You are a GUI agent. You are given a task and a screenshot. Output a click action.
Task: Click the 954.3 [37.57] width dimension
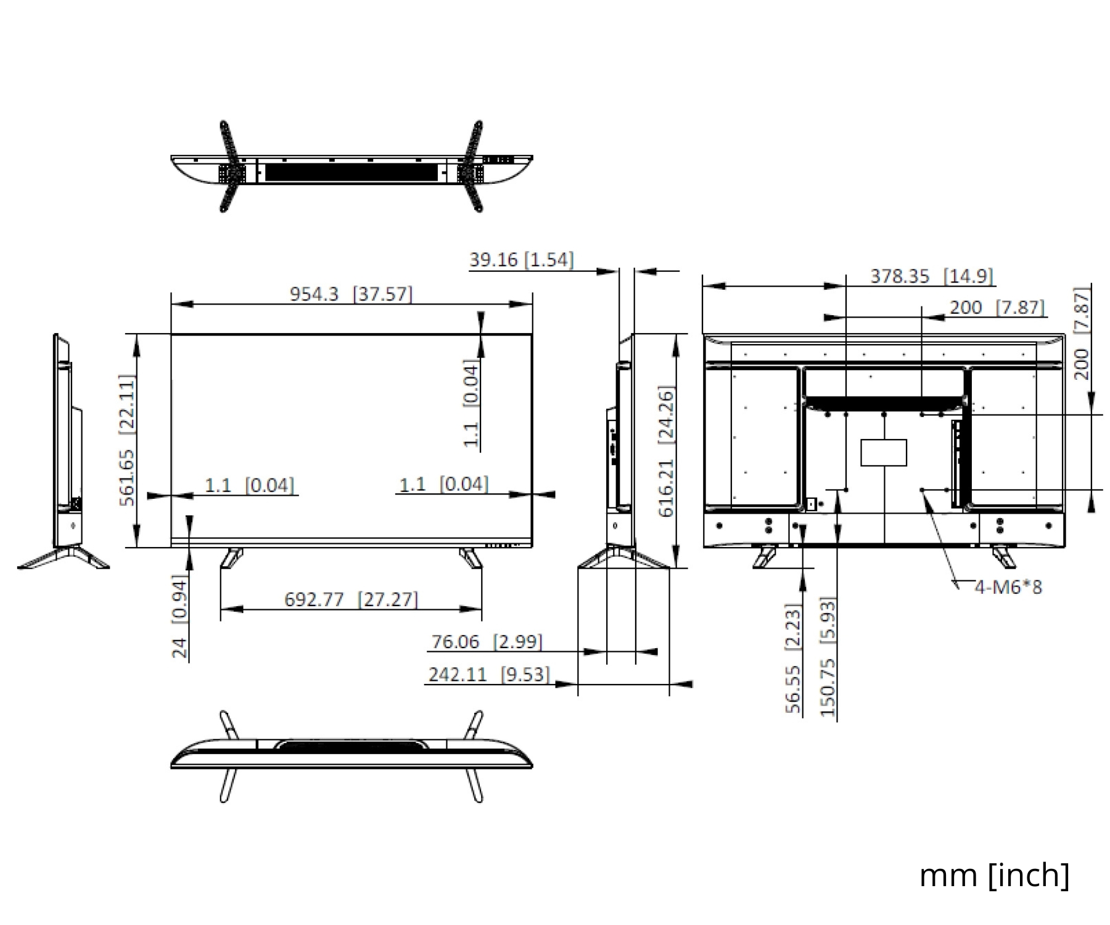pyautogui.click(x=351, y=294)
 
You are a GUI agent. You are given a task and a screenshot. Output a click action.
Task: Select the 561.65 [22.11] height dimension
pyautogui.click(x=126, y=440)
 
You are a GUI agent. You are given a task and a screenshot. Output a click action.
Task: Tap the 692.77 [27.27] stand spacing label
pyautogui.click(x=351, y=599)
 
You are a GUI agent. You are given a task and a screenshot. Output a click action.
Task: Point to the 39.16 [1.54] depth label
pyautogui.click(x=521, y=259)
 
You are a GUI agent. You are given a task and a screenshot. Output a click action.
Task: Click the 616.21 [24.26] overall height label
pyautogui.click(x=667, y=451)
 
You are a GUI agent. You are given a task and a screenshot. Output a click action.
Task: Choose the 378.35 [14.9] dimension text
pyautogui.click(x=932, y=276)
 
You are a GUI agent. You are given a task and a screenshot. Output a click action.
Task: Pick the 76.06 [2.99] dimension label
pyautogui.click(x=487, y=641)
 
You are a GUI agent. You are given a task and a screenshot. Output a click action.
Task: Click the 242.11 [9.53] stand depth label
pyautogui.click(x=488, y=674)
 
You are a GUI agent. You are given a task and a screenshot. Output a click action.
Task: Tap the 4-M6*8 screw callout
pyautogui.click(x=1008, y=586)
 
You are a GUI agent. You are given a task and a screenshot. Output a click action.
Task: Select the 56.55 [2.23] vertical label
pyautogui.click(x=793, y=659)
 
